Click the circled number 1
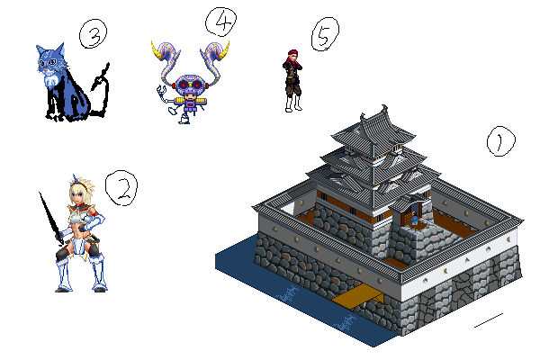[500, 141]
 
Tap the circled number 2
[121, 188]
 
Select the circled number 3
[93, 33]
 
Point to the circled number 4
[220, 22]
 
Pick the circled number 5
[325, 34]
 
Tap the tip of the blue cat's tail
[108, 65]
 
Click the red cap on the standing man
[292, 53]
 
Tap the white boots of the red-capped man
[293, 103]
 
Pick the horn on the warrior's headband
[75, 179]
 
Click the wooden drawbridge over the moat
[358, 297]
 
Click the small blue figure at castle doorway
[414, 219]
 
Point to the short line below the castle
[489, 320]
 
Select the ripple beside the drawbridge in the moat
[287, 294]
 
